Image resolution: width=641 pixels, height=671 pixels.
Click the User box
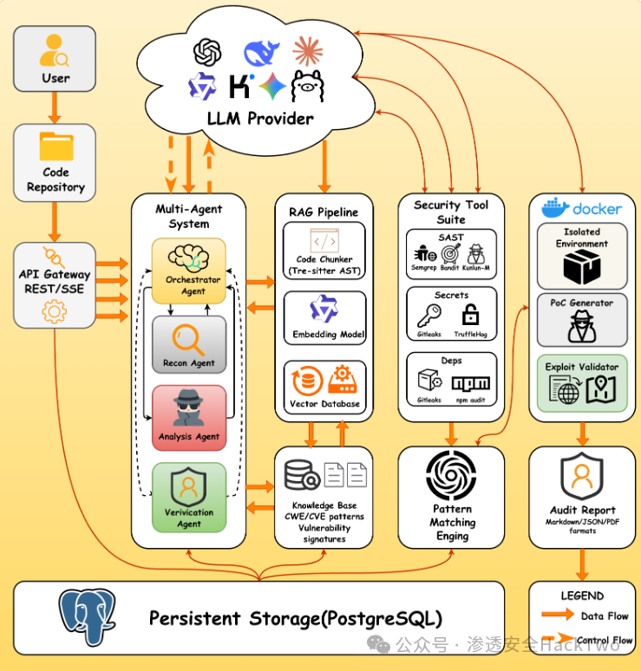pos(55,59)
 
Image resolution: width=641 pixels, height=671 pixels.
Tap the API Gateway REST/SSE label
pos(55,282)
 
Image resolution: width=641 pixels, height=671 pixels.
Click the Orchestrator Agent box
pos(188,271)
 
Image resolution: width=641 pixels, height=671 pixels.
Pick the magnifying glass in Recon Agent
pos(187,337)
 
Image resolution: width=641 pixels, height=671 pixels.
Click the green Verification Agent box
pos(188,497)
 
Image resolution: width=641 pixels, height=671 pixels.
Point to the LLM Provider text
pos(260,118)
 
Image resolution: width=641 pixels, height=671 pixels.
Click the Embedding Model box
pos(324,318)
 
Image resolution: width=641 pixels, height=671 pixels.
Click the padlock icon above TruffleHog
pos(470,314)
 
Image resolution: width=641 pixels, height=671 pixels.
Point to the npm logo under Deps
pos(470,382)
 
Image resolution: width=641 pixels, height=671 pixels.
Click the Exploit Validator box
pos(581,383)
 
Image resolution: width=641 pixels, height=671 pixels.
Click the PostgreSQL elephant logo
pos(86,616)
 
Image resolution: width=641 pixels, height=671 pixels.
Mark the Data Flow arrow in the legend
pos(558,615)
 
